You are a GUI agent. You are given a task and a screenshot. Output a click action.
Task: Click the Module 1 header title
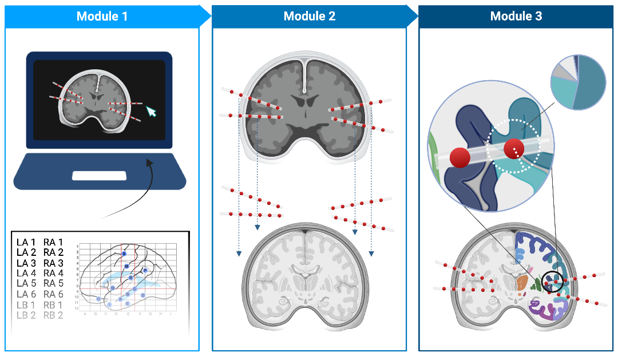(102, 16)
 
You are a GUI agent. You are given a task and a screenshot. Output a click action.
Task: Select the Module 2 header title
(309, 16)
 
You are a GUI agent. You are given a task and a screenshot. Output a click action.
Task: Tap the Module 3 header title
(516, 16)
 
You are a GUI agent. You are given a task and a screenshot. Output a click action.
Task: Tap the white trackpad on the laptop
(99, 176)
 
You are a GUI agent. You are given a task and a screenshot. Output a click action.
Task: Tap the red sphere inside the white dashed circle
(514, 149)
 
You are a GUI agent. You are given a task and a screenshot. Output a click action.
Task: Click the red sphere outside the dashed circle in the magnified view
(461, 157)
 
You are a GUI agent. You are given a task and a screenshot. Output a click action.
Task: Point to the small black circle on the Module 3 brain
(553, 282)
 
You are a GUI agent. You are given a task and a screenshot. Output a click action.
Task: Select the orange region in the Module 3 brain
(522, 282)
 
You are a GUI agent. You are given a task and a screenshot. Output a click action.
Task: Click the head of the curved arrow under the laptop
(149, 163)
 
